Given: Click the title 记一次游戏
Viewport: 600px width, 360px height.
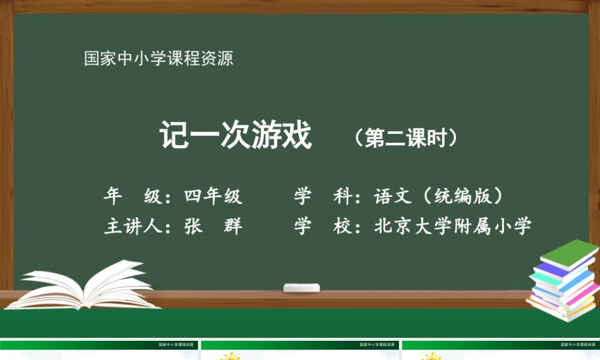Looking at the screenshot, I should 236,136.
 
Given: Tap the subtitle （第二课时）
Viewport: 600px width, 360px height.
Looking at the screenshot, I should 406,137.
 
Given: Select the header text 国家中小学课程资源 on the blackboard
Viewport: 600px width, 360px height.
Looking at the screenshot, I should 158,59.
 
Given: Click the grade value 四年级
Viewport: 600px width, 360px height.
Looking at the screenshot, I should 213,196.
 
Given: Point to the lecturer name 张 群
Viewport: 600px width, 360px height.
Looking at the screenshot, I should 213,227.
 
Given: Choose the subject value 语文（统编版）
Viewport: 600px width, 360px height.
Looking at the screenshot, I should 438,196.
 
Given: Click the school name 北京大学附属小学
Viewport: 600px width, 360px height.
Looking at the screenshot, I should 452,227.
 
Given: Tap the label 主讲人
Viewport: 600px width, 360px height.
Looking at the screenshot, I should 133,227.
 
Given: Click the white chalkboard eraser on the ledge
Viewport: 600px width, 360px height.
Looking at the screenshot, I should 302,288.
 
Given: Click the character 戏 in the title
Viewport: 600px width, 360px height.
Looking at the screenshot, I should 298,136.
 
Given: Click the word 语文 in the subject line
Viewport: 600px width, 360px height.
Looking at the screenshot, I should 393,196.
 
